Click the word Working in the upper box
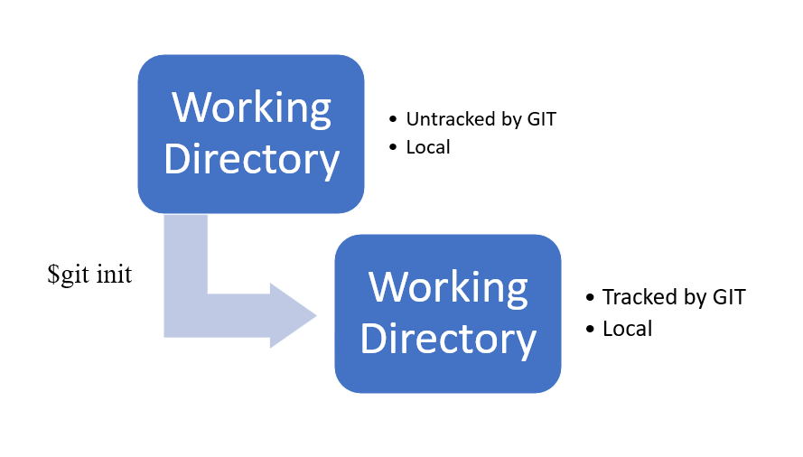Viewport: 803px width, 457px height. pyautogui.click(x=251, y=107)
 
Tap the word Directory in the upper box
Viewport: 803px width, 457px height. pyautogui.click(x=251, y=159)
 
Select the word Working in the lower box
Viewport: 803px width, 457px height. pyautogui.click(x=448, y=287)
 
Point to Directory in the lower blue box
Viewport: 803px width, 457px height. pyautogui.click(x=448, y=339)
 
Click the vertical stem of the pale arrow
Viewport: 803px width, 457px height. pyautogui.click(x=185, y=262)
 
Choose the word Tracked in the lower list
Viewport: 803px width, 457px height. pyautogui.click(x=633, y=297)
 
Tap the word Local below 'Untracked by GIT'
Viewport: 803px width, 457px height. pyautogui.click(x=428, y=146)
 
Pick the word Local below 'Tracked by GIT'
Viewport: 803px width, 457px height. pyautogui.click(x=627, y=328)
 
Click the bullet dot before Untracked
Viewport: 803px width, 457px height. pyautogui.click(x=392, y=120)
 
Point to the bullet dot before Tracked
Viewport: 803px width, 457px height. pyautogui.click(x=590, y=298)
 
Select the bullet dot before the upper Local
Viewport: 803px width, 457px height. pyautogui.click(x=392, y=147)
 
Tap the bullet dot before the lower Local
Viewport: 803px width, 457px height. pyautogui.click(x=590, y=329)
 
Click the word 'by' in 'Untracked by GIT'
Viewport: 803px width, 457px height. pyautogui.click(x=514, y=120)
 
